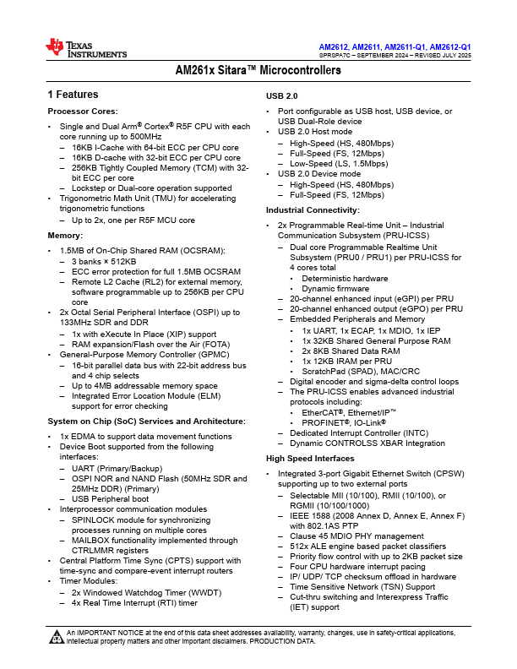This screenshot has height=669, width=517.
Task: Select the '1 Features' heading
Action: click(73, 95)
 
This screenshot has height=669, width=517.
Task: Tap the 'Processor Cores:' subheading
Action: click(82, 111)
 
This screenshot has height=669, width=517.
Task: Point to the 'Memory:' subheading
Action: click(65, 235)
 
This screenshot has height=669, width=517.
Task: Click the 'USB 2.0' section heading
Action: click(281, 95)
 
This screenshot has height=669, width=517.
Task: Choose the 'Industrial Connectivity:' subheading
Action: click(313, 209)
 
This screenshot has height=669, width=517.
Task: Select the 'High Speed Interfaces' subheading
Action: click(310, 458)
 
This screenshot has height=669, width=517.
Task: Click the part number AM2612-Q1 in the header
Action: click(450, 46)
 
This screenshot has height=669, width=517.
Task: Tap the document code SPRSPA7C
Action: click(337, 55)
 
